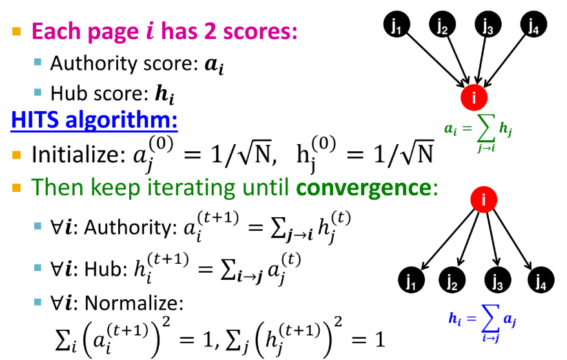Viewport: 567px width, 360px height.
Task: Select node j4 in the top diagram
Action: click(x=533, y=26)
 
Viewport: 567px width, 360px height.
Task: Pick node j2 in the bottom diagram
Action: click(x=452, y=281)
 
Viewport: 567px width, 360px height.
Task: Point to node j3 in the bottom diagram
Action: click(x=497, y=281)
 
